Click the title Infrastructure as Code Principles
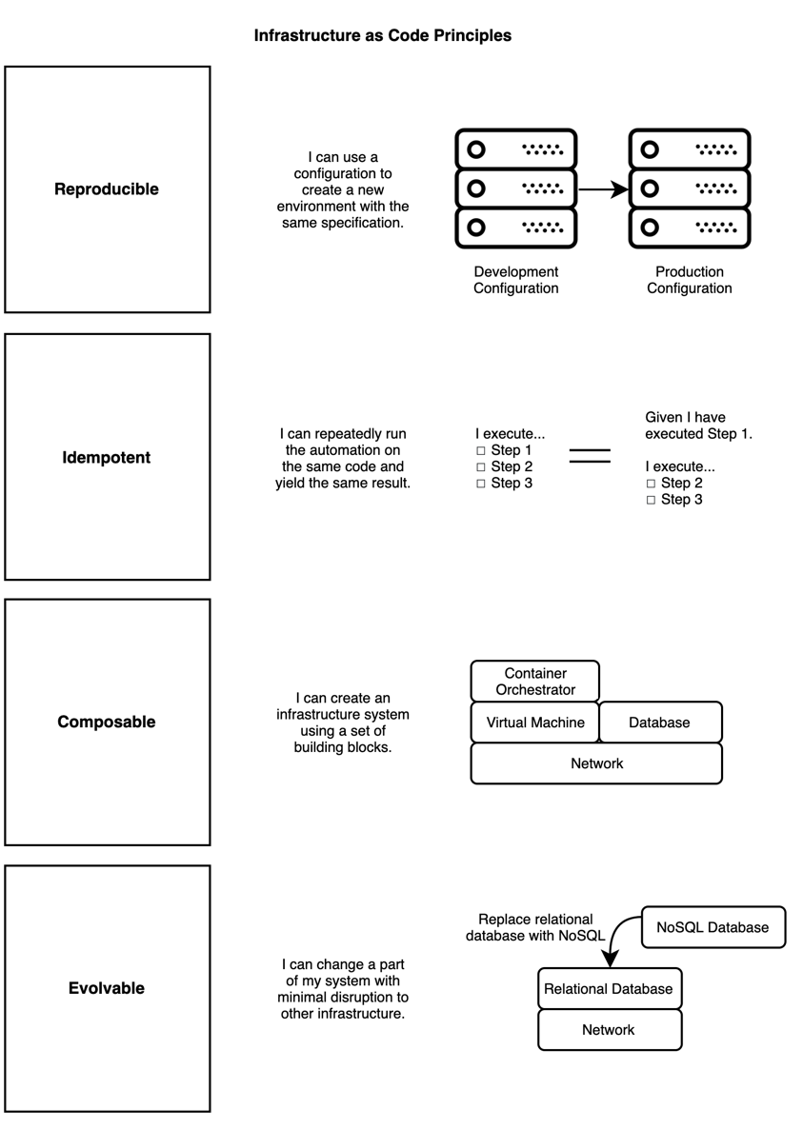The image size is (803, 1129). [x=382, y=35]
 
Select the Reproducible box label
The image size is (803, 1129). [x=107, y=189]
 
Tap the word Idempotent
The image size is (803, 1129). [x=107, y=457]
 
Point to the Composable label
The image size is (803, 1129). [x=107, y=723]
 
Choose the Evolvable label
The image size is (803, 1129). [x=107, y=988]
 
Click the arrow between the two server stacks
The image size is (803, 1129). [x=604, y=189]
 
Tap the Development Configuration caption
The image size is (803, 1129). [x=515, y=280]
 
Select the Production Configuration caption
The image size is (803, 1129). [x=690, y=280]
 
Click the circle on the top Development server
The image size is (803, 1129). [x=476, y=149]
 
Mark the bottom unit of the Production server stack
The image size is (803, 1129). [x=690, y=228]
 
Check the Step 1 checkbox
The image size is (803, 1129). [x=481, y=450]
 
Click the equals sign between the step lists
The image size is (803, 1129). [x=590, y=456]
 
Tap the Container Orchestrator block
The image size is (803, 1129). [x=535, y=682]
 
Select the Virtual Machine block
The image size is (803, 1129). [x=535, y=723]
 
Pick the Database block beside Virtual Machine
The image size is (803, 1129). [x=660, y=723]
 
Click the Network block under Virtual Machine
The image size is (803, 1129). [x=596, y=763]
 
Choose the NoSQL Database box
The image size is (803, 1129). [x=713, y=927]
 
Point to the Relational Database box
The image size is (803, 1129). [x=610, y=989]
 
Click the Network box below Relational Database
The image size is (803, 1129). [x=610, y=1030]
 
